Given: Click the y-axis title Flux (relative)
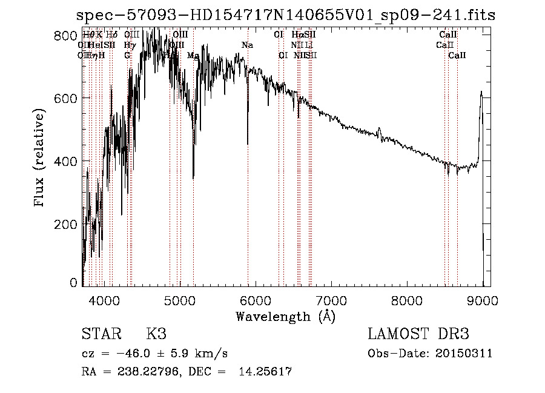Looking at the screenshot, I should pos(41,159).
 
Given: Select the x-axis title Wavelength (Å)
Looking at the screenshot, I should pos(285,316).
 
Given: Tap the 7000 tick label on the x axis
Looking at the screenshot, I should pos(331,300).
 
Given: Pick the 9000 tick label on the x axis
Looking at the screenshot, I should pos(483,300).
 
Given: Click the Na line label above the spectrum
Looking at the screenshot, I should pos(247,45).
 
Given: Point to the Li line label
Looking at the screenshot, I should pos(308,45).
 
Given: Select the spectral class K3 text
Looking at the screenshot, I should pos(156,334).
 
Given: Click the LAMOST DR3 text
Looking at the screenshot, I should pos(418,334).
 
